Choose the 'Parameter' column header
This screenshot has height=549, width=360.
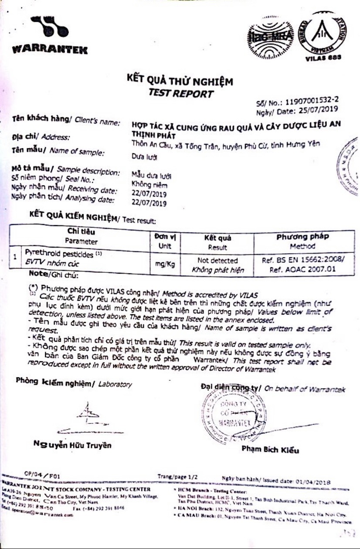(82, 241)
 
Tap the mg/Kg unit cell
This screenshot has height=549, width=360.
(165, 264)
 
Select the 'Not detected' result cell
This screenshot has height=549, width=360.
(217, 261)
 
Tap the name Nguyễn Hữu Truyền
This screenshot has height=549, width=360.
(72, 445)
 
